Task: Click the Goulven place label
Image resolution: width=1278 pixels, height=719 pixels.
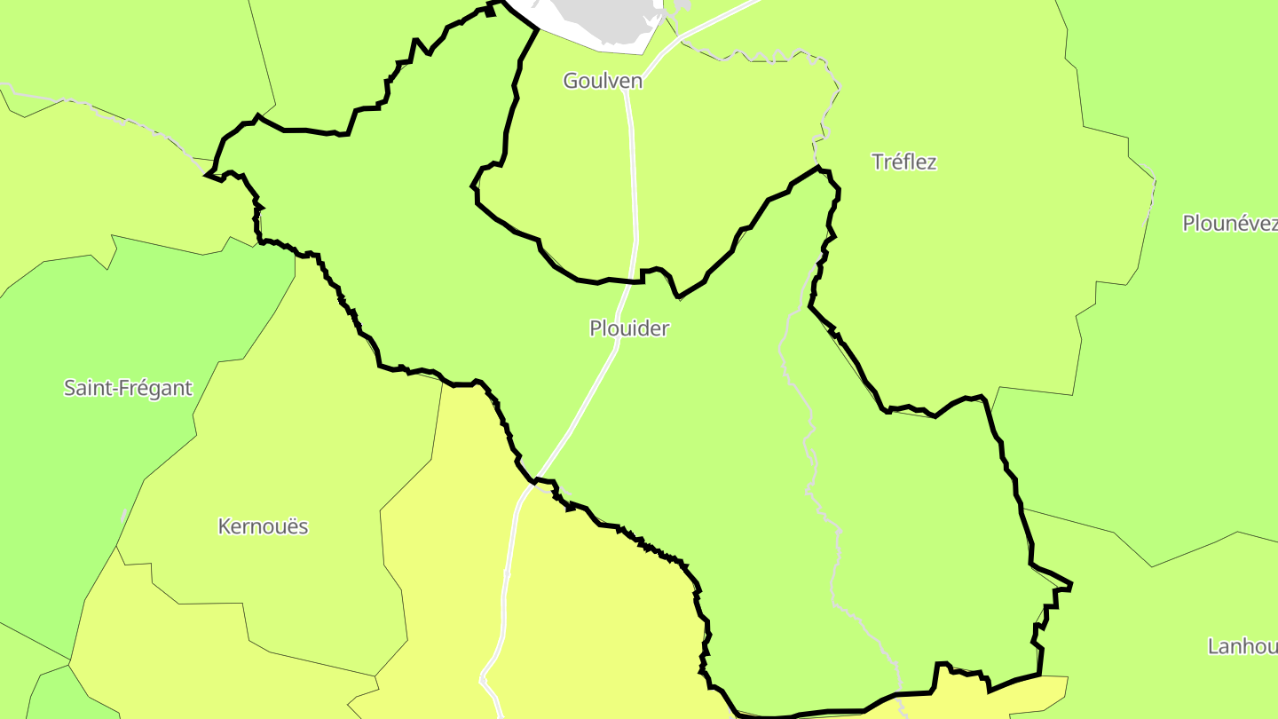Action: [x=603, y=81]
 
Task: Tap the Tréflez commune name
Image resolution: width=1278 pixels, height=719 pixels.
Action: [x=904, y=162]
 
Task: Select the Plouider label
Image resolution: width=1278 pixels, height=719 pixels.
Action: [x=629, y=328]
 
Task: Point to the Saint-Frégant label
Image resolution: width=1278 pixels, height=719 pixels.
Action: [x=128, y=388]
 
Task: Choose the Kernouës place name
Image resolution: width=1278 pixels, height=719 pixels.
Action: [x=263, y=526]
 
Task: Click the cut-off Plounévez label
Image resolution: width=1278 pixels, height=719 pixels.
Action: [x=1230, y=224]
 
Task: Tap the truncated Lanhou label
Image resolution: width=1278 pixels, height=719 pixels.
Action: [x=1242, y=646]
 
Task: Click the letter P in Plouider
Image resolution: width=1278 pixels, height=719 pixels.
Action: [x=596, y=328]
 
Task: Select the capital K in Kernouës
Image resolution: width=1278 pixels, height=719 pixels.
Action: [x=224, y=526]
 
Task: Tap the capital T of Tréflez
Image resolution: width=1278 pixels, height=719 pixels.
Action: [x=878, y=162]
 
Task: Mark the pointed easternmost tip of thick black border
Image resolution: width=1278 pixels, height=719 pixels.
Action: [x=1072, y=585]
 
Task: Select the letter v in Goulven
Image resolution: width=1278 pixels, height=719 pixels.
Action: [x=615, y=81]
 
